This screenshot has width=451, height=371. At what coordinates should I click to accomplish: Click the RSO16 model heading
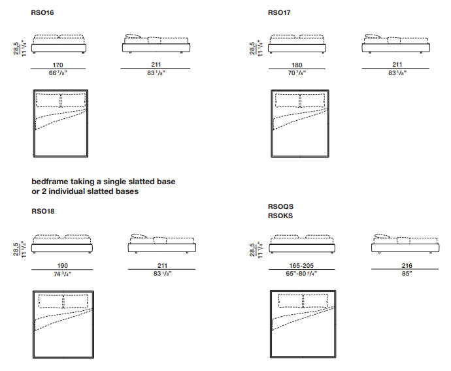pos(42,12)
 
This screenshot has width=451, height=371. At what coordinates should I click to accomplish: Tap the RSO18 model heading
pos(42,212)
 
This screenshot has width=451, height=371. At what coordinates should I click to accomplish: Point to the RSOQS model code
pos(281,206)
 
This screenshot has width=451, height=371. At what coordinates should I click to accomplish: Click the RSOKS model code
pos(281,215)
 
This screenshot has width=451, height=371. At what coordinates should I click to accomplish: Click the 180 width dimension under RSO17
pos(297,65)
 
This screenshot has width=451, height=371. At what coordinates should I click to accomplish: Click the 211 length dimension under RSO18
pos(162,266)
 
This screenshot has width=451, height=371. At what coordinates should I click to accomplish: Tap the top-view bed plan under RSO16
pos(61,123)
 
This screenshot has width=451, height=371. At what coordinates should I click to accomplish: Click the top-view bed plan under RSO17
pos(299,123)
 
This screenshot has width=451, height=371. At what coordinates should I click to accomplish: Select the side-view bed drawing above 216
pos(405,244)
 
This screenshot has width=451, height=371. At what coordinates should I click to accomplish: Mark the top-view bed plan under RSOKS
pos(302,323)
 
